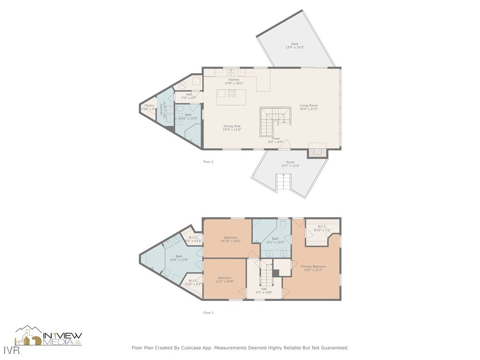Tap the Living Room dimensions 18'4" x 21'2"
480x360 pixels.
pyautogui.click(x=309, y=109)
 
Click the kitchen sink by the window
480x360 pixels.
pyautogui.click(x=231, y=72)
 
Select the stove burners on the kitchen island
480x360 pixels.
pyautogui.click(x=232, y=93)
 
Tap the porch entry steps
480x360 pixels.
pyautogui.click(x=283, y=182)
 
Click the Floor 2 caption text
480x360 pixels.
pyautogui.click(x=208, y=162)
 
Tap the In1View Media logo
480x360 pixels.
pyautogui.click(x=49, y=336)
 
